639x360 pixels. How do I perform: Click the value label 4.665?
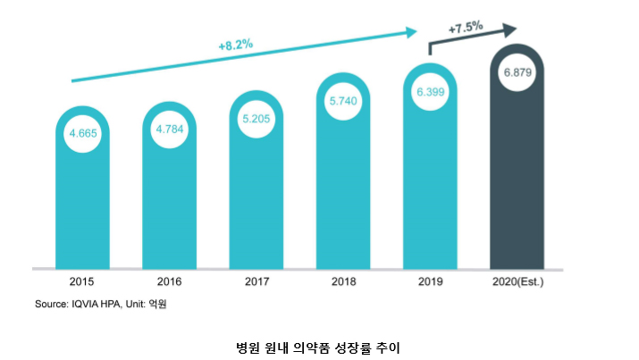(82, 134)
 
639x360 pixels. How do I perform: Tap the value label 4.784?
(170, 130)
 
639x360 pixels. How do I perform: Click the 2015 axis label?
(82, 282)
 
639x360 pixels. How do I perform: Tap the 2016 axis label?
(170, 282)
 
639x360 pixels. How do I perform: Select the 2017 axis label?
(256, 282)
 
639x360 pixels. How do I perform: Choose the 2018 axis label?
(343, 282)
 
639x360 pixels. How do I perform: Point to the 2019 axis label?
(431, 282)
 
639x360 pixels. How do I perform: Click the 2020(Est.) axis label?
(518, 282)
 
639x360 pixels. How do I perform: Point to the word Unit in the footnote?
(137, 305)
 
